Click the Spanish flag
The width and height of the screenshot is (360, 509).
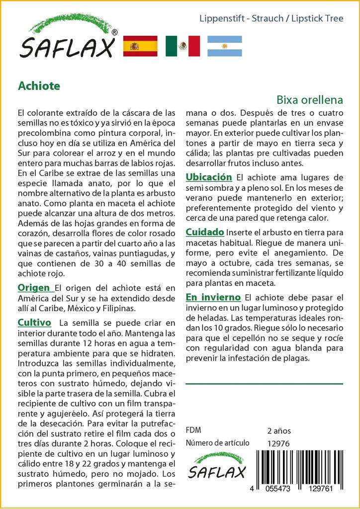[x=140, y=46]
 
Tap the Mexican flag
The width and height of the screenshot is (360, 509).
[x=182, y=46]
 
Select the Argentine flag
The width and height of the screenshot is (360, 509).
[x=224, y=46]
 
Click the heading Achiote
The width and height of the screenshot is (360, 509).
[x=39, y=86]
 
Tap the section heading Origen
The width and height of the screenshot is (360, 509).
[x=34, y=288]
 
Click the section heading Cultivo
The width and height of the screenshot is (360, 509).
[x=34, y=323]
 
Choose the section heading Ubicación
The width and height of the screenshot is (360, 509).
[x=209, y=177]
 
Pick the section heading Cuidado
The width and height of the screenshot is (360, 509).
[x=204, y=232]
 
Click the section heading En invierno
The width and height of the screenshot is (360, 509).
[x=213, y=297]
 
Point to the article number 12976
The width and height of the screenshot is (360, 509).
[x=278, y=443]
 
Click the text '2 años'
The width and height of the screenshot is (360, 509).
[x=279, y=431]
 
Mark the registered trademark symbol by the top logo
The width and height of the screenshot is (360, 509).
[x=115, y=32]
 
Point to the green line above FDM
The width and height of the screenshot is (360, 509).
[x=264, y=384]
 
